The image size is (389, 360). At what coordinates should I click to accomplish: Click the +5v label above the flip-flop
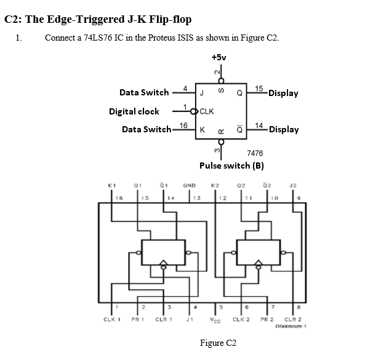(x=219, y=57)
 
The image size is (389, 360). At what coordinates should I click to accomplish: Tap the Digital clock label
(x=134, y=111)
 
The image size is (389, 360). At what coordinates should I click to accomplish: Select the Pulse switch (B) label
(x=231, y=166)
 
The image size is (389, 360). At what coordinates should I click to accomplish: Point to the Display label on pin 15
(x=283, y=93)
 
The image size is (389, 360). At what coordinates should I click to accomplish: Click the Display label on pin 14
(x=284, y=129)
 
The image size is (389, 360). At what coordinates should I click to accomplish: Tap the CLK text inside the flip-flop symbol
(x=207, y=111)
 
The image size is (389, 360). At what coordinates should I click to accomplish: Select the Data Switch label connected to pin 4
(x=144, y=92)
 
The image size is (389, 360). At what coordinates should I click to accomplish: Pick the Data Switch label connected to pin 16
(x=146, y=129)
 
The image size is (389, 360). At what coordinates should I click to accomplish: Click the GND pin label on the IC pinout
(x=190, y=184)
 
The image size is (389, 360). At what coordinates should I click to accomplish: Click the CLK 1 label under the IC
(x=111, y=319)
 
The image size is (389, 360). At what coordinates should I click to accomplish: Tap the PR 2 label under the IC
(x=266, y=319)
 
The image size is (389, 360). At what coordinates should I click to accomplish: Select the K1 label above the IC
(x=111, y=184)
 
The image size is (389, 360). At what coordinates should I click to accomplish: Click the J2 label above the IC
(x=294, y=184)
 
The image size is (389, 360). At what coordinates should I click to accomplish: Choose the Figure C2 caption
(x=218, y=343)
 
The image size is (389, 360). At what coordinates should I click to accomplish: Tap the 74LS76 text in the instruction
(x=97, y=38)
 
